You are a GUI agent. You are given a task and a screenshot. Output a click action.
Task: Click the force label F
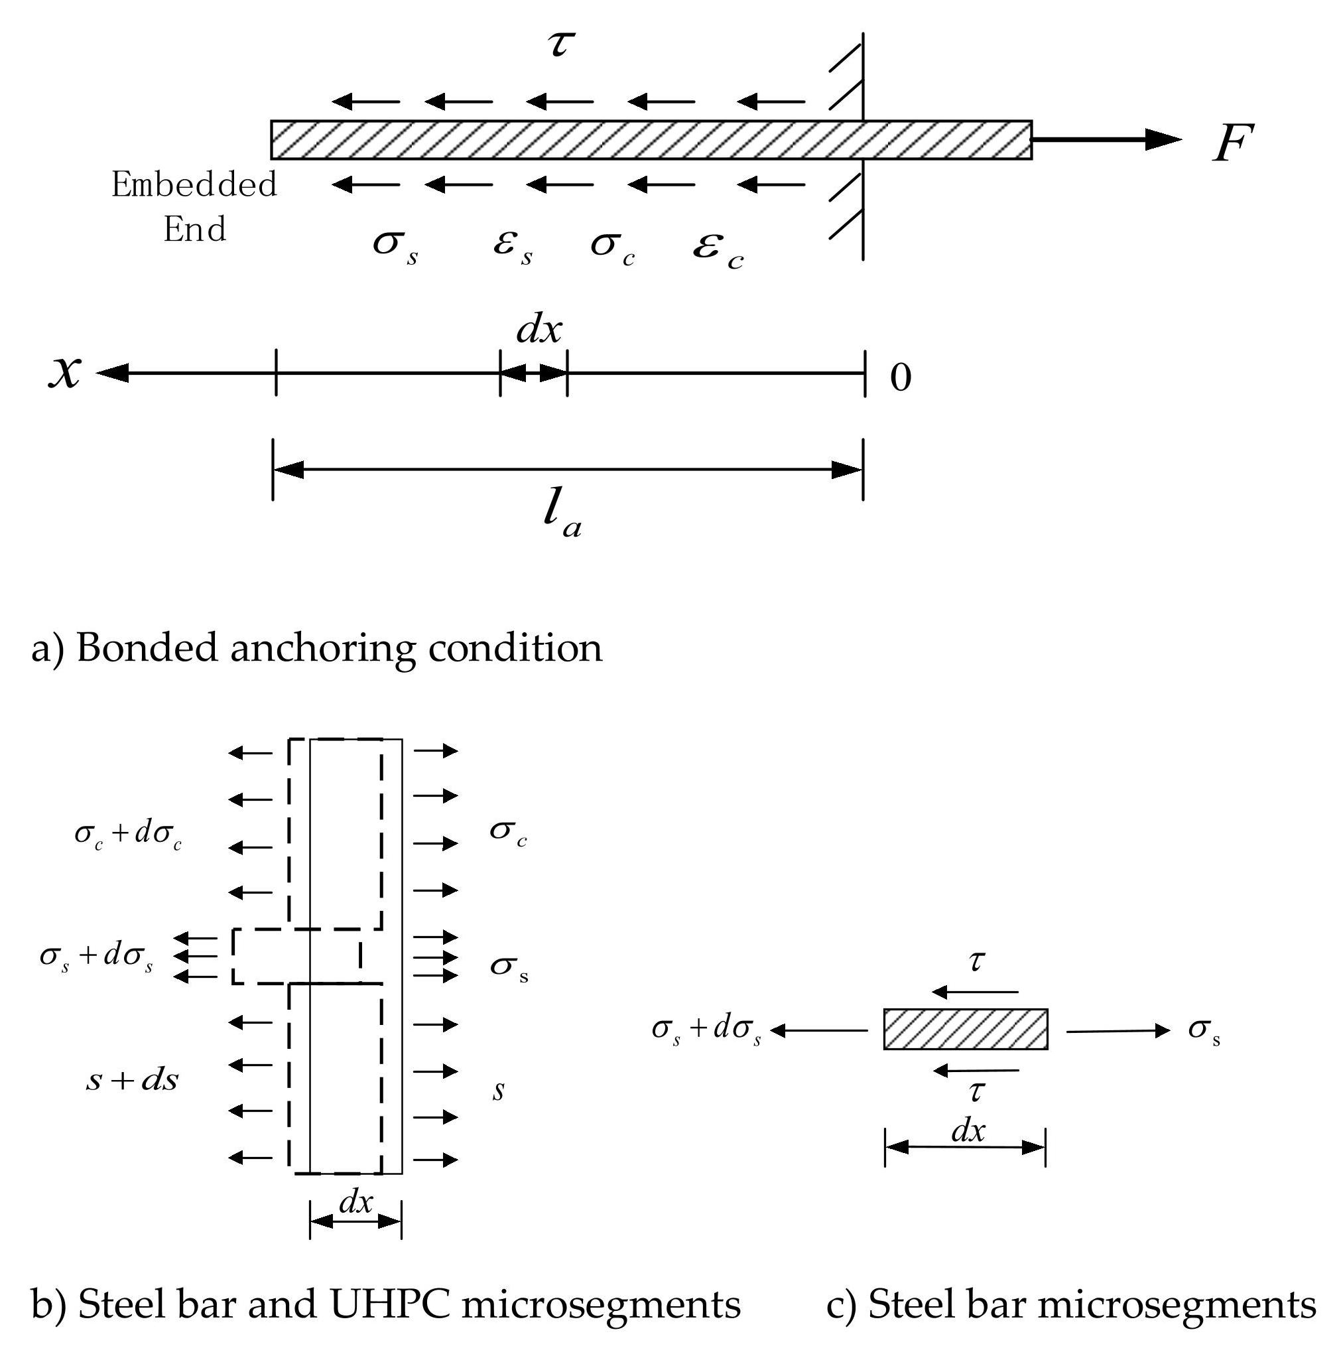point(1232,143)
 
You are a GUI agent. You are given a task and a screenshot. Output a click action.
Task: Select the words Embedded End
point(194,207)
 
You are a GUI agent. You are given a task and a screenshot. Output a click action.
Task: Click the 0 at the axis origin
point(901,377)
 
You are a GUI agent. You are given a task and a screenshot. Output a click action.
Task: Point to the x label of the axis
point(64,371)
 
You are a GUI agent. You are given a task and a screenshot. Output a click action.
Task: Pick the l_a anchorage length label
point(562,515)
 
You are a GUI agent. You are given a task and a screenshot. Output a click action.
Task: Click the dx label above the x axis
point(539,329)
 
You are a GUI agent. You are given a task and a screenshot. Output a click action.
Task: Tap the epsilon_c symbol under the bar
point(718,250)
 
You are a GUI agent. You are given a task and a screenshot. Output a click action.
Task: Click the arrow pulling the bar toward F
point(1106,139)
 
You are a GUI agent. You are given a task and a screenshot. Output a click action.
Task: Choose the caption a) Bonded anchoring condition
point(317,647)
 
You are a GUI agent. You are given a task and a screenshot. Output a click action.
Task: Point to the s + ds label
point(132,1079)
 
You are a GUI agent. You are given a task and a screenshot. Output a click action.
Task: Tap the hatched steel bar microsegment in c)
point(965,1029)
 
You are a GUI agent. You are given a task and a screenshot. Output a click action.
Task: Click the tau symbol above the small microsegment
point(976,960)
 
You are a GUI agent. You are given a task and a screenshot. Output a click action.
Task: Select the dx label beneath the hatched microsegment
point(968,1131)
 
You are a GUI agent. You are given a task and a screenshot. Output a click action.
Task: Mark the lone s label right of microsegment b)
point(498,1090)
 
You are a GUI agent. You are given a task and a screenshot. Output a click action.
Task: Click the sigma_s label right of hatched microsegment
point(1204,1030)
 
